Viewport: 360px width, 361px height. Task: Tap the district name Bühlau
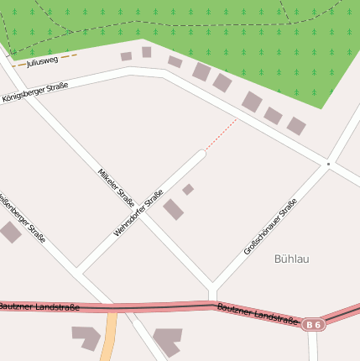click(291, 259)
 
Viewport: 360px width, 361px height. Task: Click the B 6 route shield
click(313, 324)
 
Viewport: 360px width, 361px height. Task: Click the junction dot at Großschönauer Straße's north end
click(329, 164)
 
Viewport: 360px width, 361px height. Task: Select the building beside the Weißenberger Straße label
click(9, 233)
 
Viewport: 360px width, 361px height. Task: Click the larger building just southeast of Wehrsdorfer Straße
click(173, 209)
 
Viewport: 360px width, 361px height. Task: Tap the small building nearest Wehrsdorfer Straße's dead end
click(188, 190)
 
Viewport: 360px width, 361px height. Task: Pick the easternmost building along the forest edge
click(296, 126)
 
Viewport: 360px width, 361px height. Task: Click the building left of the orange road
click(86, 337)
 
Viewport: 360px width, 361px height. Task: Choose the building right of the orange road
click(167, 339)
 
